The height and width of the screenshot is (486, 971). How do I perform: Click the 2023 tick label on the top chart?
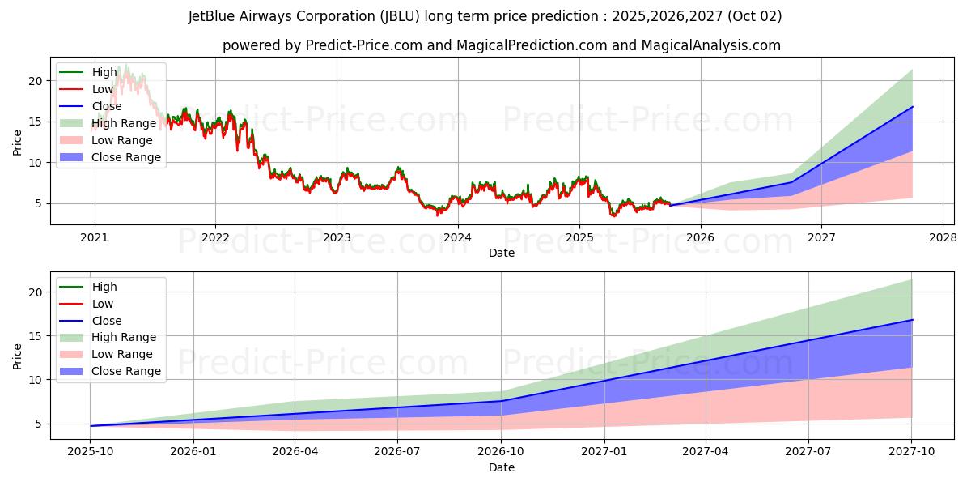(x=337, y=237)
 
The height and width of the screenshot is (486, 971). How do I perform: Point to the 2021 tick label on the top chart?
(x=95, y=237)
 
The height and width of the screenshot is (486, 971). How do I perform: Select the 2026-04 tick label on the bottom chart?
(x=295, y=452)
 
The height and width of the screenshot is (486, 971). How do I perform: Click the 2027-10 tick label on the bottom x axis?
(x=912, y=452)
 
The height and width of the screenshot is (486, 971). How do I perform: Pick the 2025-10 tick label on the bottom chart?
(x=90, y=452)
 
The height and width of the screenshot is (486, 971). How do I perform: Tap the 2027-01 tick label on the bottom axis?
(x=604, y=452)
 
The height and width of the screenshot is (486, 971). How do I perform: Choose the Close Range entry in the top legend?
(x=125, y=157)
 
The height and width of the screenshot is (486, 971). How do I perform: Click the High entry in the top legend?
(x=104, y=72)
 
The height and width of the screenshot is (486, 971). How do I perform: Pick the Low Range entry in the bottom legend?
(x=122, y=354)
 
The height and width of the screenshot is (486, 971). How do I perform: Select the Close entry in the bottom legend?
(x=107, y=321)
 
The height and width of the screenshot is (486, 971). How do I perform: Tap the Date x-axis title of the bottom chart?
(x=502, y=468)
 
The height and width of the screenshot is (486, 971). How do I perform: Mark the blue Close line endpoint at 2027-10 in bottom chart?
(x=912, y=320)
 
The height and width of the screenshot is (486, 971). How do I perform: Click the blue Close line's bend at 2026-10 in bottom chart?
(x=502, y=401)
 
